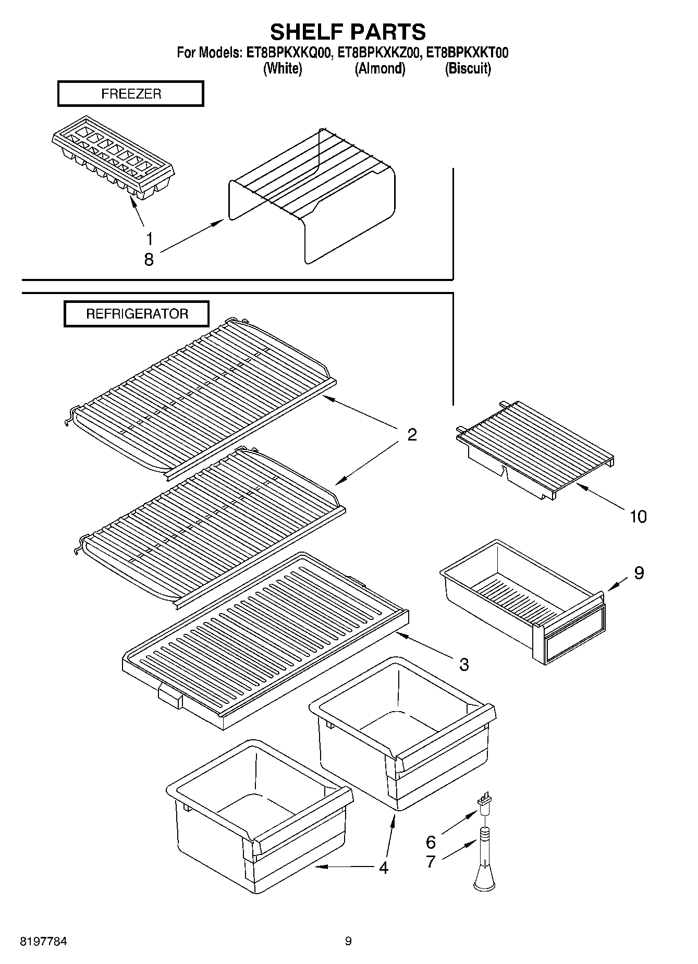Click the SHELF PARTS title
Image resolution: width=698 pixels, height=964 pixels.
348,32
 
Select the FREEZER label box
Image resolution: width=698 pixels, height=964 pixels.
131,94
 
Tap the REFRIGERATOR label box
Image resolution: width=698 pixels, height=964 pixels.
137,314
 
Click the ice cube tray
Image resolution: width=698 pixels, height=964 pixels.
113,156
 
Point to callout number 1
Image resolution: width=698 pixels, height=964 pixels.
150,239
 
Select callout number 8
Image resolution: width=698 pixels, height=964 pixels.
149,260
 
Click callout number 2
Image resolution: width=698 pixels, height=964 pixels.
412,435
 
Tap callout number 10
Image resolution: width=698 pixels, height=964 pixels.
638,517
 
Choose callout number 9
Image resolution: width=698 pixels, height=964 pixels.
639,573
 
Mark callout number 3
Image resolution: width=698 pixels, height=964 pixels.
464,665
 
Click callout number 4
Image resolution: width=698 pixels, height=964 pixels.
384,868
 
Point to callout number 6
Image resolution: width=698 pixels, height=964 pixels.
431,842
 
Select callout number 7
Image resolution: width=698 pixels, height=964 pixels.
431,862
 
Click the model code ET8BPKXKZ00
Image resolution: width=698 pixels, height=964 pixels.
379,53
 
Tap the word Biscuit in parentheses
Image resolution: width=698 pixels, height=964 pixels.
468,69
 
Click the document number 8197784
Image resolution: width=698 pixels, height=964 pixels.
43,942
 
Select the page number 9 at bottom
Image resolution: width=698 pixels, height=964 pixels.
348,941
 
